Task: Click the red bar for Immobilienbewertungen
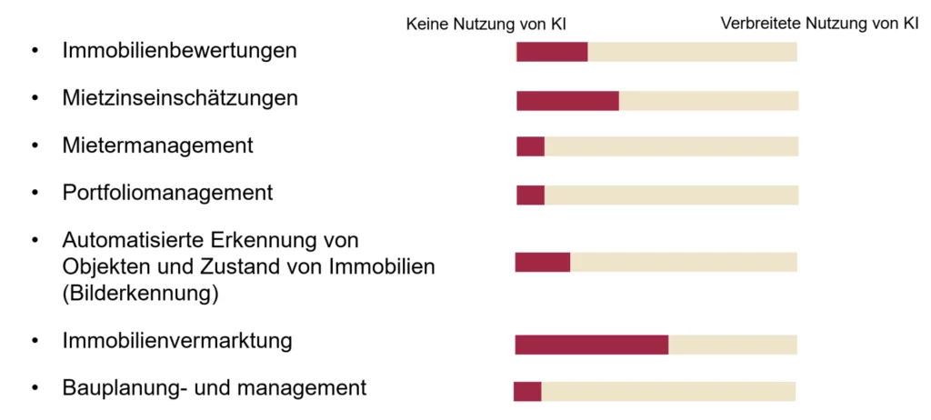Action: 552,52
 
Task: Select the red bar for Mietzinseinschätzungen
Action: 567,101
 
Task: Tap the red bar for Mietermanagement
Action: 530,146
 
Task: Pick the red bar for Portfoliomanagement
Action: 530,195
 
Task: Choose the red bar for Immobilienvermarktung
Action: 591,345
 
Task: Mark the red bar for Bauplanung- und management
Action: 527,391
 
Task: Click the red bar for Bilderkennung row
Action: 542,262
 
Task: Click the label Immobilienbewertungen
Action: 179,50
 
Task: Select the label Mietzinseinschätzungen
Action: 180,97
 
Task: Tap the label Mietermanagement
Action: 157,145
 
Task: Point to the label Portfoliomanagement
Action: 167,193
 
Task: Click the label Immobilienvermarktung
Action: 177,341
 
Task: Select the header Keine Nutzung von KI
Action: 492,25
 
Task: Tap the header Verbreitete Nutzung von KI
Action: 819,25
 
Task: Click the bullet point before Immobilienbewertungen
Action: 35,51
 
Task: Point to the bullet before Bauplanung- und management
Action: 35,388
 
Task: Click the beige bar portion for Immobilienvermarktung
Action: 733,345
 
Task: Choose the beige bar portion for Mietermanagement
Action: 671,146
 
